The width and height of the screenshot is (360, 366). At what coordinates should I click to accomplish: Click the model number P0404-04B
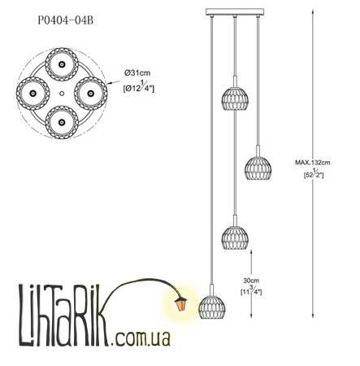tap(66, 20)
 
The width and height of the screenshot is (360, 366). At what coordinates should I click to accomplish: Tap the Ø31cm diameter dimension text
tap(137, 73)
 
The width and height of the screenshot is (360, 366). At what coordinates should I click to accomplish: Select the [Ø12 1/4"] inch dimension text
tap(138, 87)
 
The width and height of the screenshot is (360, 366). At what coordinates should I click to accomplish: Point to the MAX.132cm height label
tap(313, 163)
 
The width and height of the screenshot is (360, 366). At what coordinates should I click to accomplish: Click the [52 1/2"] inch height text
tap(314, 173)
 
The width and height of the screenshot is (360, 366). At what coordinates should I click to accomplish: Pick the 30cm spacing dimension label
tap(251, 281)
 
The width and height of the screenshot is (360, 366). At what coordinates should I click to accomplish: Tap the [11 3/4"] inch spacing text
tap(251, 290)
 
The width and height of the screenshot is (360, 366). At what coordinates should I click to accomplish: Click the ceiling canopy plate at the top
tap(235, 11)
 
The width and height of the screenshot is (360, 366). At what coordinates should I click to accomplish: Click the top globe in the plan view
tap(62, 64)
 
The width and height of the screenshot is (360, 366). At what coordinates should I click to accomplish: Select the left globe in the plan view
tap(33, 94)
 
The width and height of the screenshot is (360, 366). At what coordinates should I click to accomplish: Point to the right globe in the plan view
tap(91, 94)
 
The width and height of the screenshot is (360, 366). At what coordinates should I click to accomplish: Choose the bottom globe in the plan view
tap(62, 122)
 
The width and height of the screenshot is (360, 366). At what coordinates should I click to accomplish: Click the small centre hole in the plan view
tap(62, 94)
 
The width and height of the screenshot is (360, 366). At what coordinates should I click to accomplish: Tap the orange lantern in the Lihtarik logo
tap(181, 304)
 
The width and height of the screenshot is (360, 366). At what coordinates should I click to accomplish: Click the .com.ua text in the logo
tap(141, 338)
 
